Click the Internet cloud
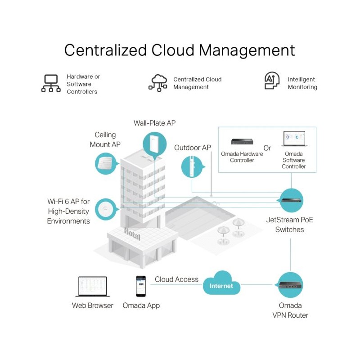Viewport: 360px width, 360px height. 221,283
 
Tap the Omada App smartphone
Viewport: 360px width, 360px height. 141,286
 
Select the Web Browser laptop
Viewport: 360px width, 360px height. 93,287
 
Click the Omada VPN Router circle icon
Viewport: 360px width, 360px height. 290,285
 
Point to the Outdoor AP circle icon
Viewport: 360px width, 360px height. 193,166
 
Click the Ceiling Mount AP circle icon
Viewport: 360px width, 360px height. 106,163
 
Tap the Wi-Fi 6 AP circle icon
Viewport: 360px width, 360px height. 106,209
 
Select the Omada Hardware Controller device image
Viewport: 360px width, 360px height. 242,141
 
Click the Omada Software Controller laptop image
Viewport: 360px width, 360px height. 294,139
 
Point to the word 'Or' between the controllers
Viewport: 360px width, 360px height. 267,148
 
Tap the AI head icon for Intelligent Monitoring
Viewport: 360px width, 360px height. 272,81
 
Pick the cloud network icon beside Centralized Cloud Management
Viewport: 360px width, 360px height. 158,83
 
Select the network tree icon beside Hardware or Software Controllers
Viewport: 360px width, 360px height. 51,83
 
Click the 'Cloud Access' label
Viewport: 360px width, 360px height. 176,279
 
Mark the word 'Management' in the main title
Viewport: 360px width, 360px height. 247,50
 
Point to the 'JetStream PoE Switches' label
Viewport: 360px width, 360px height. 289,225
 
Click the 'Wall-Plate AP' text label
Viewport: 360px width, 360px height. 154,123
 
